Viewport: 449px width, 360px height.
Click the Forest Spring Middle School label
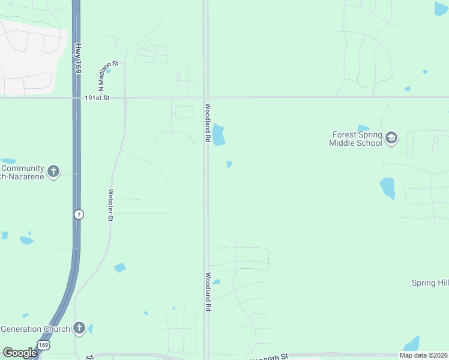pos(355,139)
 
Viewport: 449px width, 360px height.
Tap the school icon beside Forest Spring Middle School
pos(391,139)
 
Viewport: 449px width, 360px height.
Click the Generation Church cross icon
pos(79,328)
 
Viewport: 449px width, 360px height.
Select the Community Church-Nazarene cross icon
pos(53,172)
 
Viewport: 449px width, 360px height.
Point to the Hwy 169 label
pos(77,58)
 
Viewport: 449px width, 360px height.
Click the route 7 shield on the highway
pos(79,214)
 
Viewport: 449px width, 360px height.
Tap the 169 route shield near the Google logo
pos(43,345)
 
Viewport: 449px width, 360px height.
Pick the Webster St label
pos(110,205)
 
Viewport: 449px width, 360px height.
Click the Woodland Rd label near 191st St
pos(207,123)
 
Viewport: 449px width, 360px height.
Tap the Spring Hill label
pos(430,283)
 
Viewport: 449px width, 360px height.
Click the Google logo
pos(20,352)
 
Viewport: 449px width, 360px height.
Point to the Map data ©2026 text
pos(423,355)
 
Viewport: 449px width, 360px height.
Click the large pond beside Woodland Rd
pos(218,134)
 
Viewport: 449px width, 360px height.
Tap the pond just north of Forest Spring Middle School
pos(363,128)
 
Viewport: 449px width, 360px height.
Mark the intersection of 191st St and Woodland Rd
pos(205,97)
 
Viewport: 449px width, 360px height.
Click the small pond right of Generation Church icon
pos(91,329)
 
